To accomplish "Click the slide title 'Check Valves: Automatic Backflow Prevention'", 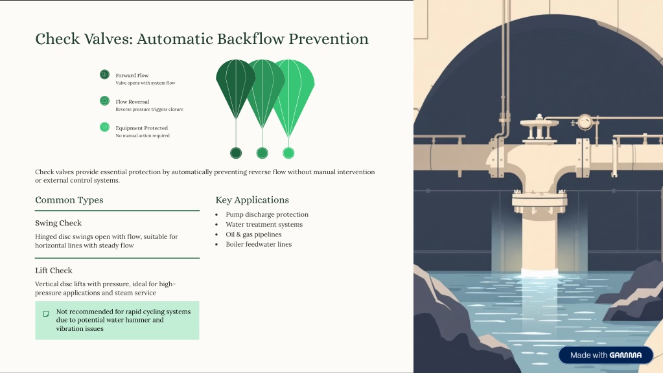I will tap(202, 39).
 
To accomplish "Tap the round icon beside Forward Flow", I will tap(104, 74).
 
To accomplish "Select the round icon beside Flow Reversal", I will tap(104, 101).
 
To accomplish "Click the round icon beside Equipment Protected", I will tap(104, 128).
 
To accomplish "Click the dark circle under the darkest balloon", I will tap(236, 153).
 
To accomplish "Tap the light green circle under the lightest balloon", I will tap(288, 153).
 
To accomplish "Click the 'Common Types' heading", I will tap(69, 200).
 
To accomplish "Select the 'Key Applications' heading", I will tap(252, 200).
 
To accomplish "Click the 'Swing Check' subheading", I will tap(58, 223).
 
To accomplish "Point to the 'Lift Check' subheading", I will tap(54, 271).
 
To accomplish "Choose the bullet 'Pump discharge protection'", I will tap(267, 214).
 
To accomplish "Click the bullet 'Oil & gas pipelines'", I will tap(253, 234).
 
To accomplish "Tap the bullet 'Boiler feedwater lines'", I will tap(259, 244).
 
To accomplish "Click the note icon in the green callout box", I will tap(46, 314).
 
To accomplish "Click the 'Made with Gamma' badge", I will tap(605, 355).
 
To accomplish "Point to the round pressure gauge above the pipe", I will tap(585, 121).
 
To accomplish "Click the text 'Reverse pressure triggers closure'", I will tap(149, 109).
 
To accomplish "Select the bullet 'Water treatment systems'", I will tap(264, 225).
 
